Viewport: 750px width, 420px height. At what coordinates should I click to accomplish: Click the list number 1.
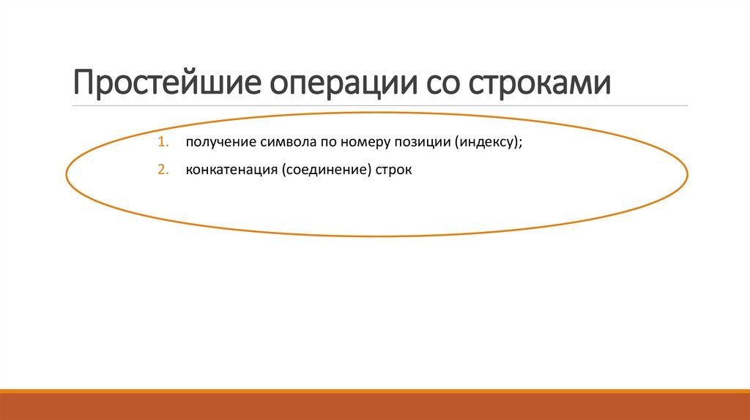tap(163, 142)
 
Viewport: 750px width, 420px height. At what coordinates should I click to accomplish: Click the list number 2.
tap(163, 170)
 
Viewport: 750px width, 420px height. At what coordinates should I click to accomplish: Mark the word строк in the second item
tap(396, 170)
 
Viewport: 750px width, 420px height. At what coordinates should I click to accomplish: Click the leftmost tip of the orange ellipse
tap(67, 176)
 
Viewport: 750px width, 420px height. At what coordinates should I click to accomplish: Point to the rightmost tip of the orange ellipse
tap(687, 174)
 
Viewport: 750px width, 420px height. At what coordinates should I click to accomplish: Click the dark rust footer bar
tap(375, 407)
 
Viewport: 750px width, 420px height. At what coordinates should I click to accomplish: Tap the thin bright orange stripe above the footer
tap(375, 391)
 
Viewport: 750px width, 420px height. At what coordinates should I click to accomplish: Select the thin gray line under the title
tap(381, 106)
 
